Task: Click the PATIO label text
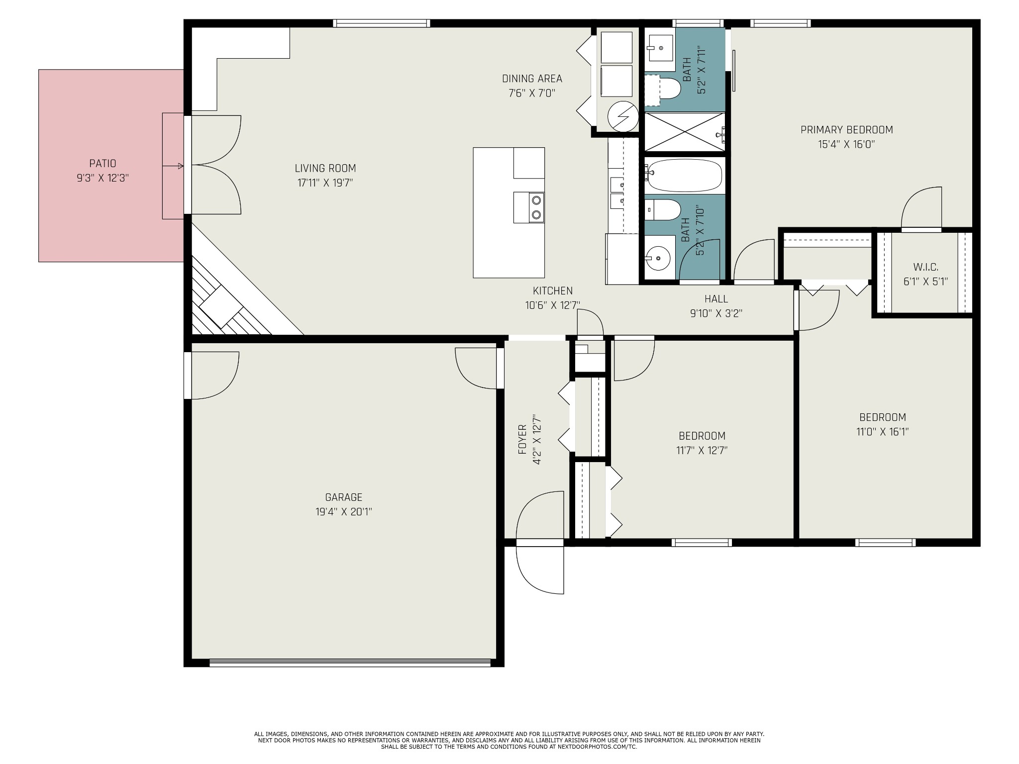pos(102,163)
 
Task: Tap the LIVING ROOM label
pos(325,168)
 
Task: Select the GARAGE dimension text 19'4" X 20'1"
pos(344,511)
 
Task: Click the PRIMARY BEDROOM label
pos(847,130)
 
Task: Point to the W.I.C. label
pos(926,267)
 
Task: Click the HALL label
pos(716,298)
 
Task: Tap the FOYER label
pos(522,439)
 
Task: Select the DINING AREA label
pos(532,79)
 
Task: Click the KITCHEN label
pos(553,290)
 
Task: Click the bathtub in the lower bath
pos(685,176)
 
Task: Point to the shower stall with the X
pos(685,132)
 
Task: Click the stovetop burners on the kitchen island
pos(529,207)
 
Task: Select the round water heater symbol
pos(623,116)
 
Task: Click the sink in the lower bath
pos(658,259)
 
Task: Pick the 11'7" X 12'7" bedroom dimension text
pos(702,451)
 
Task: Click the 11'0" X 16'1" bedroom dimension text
pos(883,432)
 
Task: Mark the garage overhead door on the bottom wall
pos(350,662)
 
